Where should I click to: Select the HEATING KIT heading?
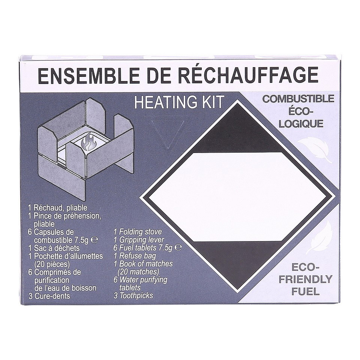point(179,102)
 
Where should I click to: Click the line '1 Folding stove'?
point(138,232)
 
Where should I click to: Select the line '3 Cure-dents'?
point(49,296)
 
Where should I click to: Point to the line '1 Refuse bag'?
point(135,256)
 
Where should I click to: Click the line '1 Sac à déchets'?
point(54,248)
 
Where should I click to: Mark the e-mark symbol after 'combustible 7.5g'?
point(94,240)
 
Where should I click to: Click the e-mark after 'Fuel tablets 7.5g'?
point(178,247)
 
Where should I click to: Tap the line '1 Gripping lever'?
point(139,240)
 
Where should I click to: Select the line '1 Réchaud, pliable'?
point(57,208)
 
